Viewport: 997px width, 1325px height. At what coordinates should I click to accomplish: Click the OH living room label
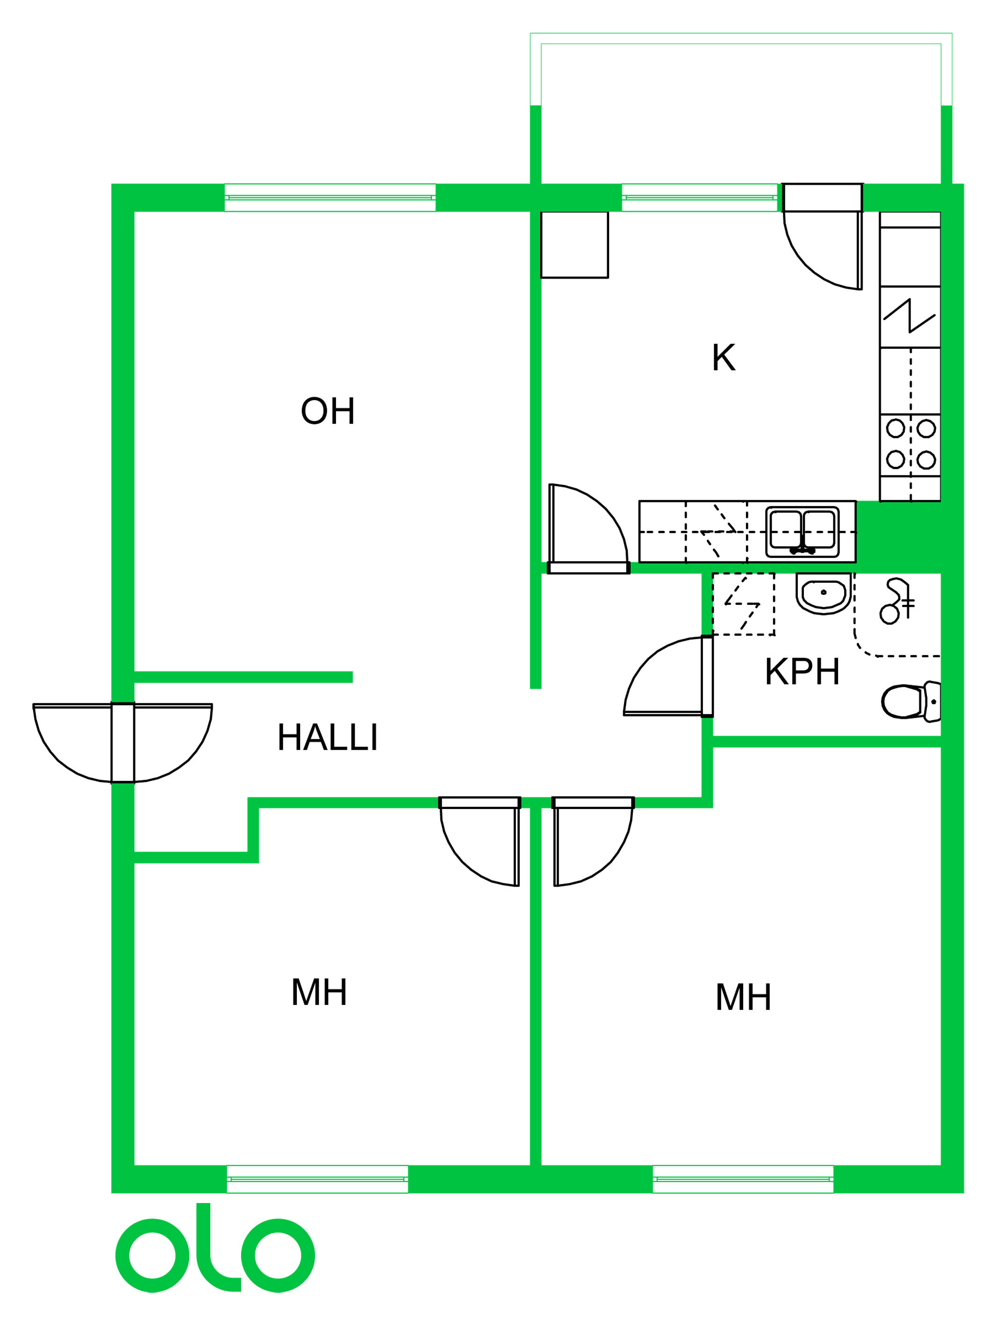(x=328, y=411)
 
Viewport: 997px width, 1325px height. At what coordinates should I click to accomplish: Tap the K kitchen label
(x=723, y=358)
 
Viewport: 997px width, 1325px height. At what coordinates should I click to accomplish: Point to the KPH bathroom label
(x=802, y=672)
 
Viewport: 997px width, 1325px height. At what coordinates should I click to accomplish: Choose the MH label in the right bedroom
(x=743, y=997)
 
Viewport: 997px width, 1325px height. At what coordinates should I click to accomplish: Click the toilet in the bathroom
(x=911, y=702)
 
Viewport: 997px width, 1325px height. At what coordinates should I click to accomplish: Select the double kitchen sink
(x=802, y=532)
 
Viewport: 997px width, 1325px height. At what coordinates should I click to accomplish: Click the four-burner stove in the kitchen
(x=910, y=444)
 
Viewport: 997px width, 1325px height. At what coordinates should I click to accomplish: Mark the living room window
(x=330, y=198)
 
